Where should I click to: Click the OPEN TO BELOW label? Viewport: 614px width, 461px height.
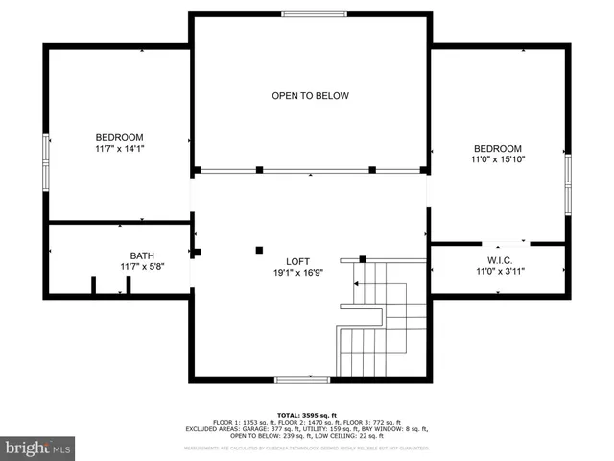point(310,96)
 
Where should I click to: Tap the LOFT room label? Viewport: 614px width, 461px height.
point(297,261)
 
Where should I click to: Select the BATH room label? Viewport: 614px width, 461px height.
point(142,255)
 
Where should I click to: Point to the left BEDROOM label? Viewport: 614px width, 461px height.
point(119,137)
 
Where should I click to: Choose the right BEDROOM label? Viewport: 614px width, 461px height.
point(497,148)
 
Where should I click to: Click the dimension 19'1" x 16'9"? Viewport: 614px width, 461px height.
point(297,273)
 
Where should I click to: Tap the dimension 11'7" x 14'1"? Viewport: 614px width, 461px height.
point(119,149)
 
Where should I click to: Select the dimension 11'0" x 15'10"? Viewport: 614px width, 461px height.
point(497,159)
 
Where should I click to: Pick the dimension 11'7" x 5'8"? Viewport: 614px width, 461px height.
point(142,267)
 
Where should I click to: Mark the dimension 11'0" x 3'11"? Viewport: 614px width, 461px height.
point(497,271)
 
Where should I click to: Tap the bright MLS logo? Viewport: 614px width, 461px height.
point(38,447)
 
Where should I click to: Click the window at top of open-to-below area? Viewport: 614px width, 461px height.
point(314,13)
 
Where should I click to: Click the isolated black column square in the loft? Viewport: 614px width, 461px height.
point(259,250)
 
